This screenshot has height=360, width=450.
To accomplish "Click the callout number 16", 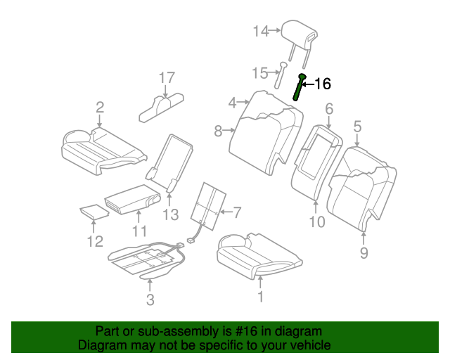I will (x=322, y=84).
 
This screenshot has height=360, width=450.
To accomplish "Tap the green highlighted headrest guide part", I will (x=300, y=88).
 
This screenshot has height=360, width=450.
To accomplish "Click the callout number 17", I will (x=166, y=77).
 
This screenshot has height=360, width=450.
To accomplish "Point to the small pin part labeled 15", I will (x=281, y=72).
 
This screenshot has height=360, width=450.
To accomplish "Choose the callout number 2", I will (x=100, y=107).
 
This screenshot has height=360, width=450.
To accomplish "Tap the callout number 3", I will (x=149, y=302).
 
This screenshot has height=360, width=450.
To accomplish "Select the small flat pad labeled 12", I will (x=90, y=211).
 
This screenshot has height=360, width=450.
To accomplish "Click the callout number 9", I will (x=364, y=253).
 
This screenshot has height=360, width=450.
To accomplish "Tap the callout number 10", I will (x=316, y=223).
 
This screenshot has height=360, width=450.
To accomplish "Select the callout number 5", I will (x=357, y=127).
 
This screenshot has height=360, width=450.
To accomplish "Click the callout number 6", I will (x=328, y=108).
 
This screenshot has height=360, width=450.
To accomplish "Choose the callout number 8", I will (x=218, y=130).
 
